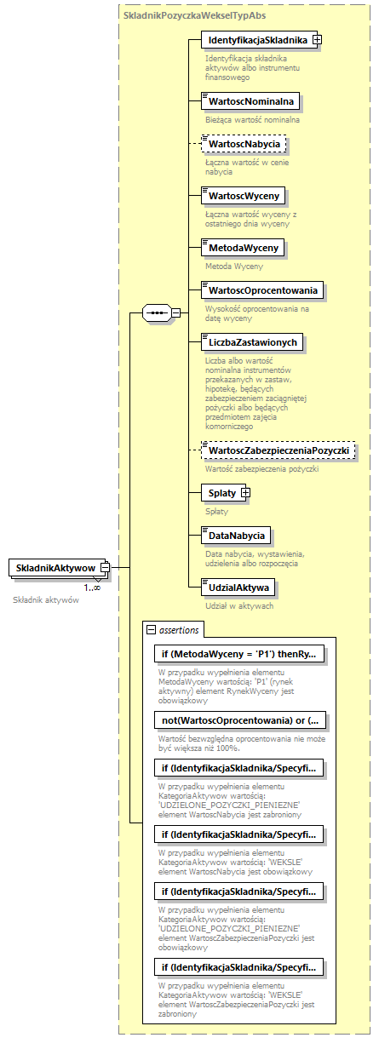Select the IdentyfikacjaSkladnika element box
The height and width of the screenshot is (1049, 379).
click(x=256, y=39)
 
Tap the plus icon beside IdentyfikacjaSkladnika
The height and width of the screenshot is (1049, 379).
click(x=317, y=39)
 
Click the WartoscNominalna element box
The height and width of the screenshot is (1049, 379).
click(x=239, y=101)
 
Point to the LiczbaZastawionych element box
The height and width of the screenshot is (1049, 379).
click(x=252, y=342)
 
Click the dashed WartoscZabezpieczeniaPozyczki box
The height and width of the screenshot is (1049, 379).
click(x=279, y=450)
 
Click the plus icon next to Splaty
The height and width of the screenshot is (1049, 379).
click(x=245, y=492)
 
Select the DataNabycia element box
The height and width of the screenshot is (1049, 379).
click(x=235, y=536)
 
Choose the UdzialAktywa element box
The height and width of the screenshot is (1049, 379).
click(x=235, y=588)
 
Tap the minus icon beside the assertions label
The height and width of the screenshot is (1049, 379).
click(x=152, y=630)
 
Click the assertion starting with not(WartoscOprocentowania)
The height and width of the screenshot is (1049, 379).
click(x=239, y=719)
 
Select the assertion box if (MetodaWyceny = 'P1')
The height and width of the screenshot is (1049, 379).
click(x=239, y=654)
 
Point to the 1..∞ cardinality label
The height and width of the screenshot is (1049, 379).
click(x=91, y=588)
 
